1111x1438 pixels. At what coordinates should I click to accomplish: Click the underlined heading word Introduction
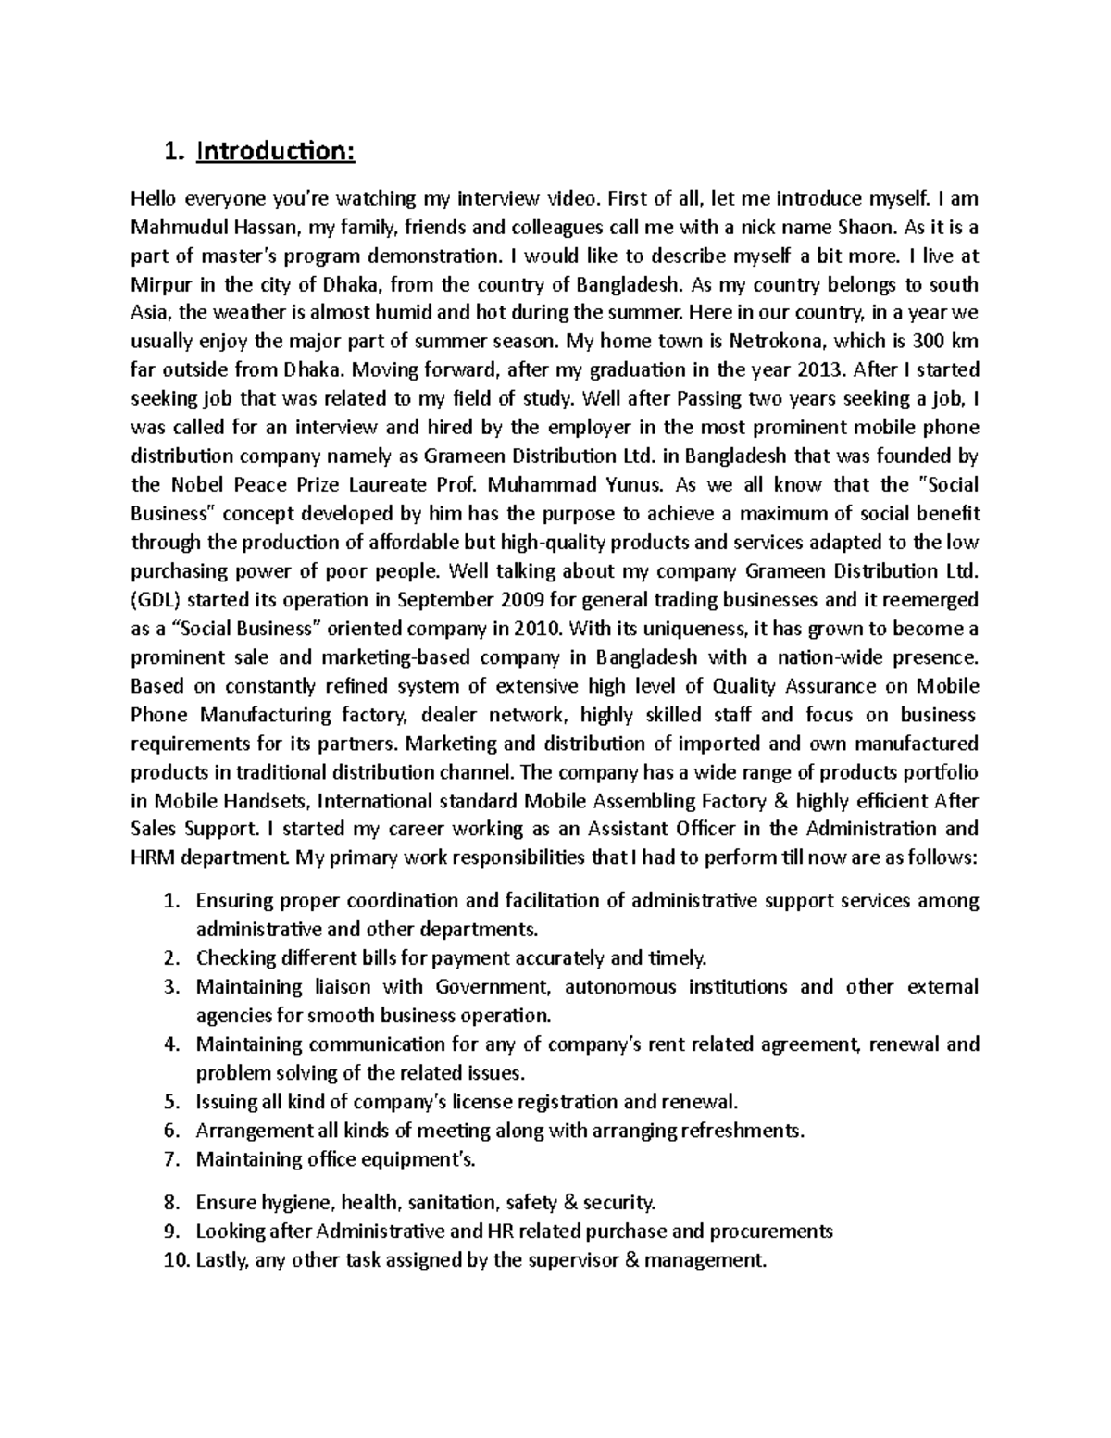pyautogui.click(x=275, y=151)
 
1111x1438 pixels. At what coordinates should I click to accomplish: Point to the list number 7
pyautogui.click(x=169, y=1159)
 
